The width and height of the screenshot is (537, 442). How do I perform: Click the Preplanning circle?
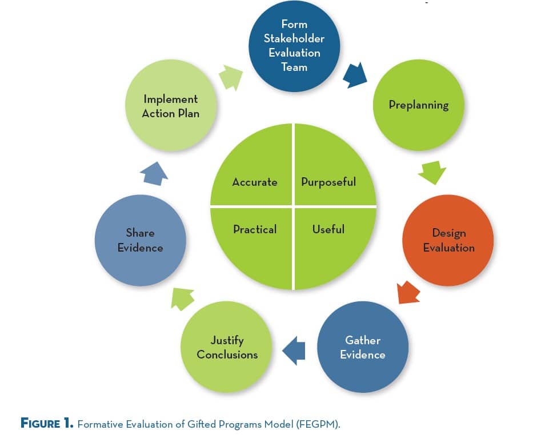(x=419, y=105)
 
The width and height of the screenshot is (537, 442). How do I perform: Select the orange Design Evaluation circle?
(x=448, y=240)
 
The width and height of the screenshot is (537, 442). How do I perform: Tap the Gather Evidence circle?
(x=363, y=347)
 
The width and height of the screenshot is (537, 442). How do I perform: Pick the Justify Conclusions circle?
(x=226, y=347)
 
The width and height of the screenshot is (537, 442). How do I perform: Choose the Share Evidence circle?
(x=141, y=240)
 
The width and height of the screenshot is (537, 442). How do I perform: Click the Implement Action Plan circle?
(x=171, y=105)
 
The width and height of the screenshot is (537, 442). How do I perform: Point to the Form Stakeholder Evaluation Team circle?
(x=294, y=46)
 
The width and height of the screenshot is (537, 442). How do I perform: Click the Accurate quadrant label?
(x=255, y=182)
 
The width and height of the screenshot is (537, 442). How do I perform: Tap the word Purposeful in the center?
(x=328, y=182)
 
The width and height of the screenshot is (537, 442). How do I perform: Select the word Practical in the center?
(x=255, y=229)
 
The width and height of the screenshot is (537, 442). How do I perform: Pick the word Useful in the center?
(x=328, y=229)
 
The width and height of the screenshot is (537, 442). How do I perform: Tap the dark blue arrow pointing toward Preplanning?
(x=355, y=75)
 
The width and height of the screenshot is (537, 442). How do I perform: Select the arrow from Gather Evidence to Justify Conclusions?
(x=294, y=351)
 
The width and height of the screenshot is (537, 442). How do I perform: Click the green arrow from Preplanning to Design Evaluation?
(x=432, y=172)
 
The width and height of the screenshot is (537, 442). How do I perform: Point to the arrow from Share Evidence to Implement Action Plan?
(x=154, y=174)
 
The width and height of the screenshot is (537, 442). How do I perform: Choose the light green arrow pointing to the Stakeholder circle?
(x=231, y=77)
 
